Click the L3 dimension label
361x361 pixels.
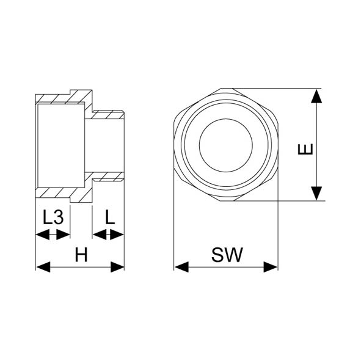53,217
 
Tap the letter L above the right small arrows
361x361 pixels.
110,217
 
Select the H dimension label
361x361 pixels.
81,255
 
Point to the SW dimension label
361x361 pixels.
227,255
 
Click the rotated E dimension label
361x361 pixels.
305,149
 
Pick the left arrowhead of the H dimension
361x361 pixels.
43,267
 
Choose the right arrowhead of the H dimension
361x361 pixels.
117,267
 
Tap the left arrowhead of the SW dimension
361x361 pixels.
181,267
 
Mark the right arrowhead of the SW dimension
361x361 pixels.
271,267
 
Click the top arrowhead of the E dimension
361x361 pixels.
316,96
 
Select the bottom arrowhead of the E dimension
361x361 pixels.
316,193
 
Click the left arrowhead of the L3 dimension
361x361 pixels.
43,235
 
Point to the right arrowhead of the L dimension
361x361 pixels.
117,235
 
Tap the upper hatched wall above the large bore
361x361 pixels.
64,98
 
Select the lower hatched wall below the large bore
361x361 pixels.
64,193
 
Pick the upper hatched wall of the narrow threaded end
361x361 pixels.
108,115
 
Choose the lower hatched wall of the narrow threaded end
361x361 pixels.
108,177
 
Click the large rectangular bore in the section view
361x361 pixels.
61,145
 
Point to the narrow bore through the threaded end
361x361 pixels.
104,145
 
